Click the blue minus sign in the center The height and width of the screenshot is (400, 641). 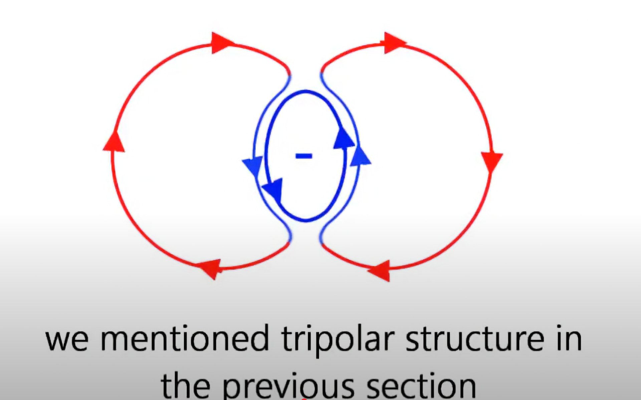click(304, 156)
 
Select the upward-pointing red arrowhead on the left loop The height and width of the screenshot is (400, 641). click(114, 141)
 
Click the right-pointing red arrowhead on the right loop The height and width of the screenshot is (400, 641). click(395, 43)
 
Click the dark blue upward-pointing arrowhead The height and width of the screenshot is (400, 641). click(344, 137)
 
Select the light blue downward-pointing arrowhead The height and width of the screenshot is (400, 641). click(252, 167)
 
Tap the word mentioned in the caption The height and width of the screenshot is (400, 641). click(184, 338)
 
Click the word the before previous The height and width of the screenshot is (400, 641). click(185, 385)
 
